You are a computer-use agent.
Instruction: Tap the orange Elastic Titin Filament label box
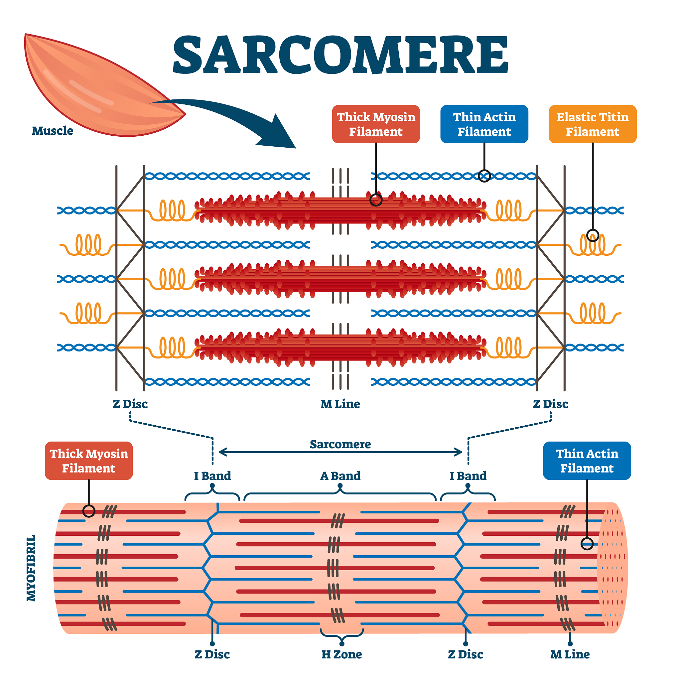593,124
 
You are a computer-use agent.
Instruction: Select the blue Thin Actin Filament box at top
484,124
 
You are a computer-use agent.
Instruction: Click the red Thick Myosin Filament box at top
376,124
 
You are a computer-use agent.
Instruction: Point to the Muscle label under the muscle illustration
53,131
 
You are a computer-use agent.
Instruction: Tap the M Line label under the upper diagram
340,404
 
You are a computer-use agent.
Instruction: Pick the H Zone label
341,654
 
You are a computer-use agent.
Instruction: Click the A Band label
340,476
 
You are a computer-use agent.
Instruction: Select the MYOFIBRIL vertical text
31,568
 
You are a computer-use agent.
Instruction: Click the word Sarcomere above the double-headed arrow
340,444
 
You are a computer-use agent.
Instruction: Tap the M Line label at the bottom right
570,654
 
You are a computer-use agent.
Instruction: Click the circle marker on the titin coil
593,235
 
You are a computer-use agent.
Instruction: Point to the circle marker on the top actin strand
484,176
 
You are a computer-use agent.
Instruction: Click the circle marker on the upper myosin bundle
376,200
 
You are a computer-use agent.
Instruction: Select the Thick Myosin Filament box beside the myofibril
89,461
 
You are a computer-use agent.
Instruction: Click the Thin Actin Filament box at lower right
587,461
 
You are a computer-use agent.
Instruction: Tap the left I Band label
212,476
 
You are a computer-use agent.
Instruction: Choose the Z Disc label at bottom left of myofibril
212,654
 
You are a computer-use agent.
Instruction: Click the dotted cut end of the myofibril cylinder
613,568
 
